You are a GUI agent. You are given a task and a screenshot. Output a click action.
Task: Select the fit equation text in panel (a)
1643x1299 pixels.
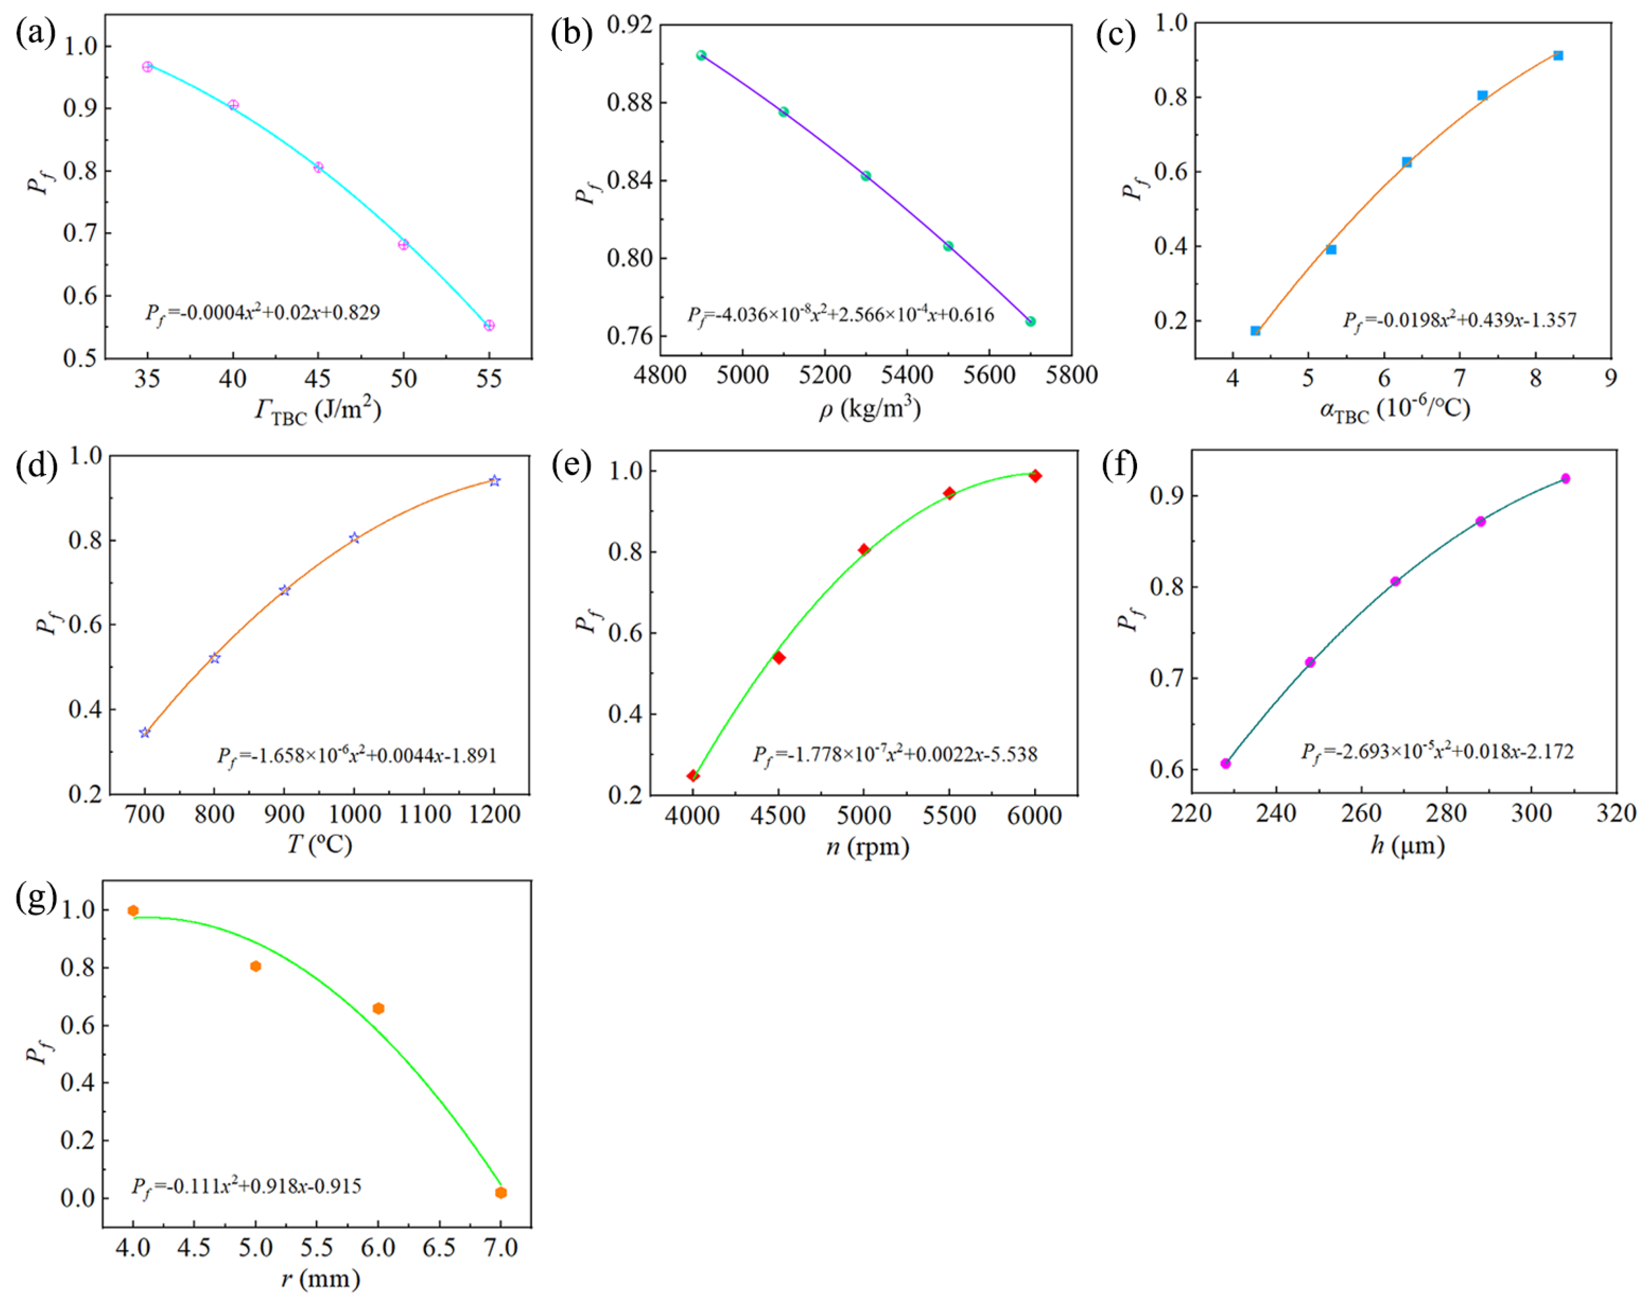pyautogui.click(x=262, y=313)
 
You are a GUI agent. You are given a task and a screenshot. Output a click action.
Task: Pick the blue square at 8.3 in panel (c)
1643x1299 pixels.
pyautogui.click(x=1558, y=55)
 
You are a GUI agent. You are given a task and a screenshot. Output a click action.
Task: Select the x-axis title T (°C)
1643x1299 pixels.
pyautogui.click(x=319, y=844)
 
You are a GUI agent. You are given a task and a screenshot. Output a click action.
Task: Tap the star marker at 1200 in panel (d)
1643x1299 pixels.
pyautogui.click(x=494, y=480)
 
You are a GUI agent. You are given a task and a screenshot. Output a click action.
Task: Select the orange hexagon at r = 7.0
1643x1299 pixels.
pyautogui.click(x=501, y=1192)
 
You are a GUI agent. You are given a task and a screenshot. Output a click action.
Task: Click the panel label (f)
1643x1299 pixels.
pyautogui.click(x=1119, y=465)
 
